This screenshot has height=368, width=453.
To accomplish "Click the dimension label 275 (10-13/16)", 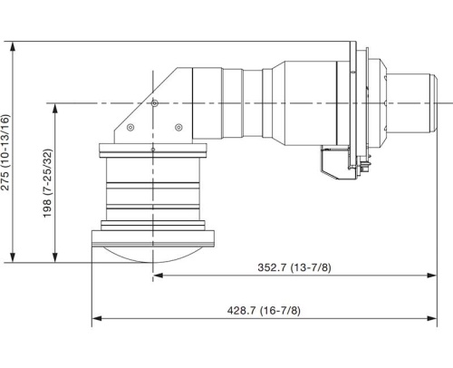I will (8, 150).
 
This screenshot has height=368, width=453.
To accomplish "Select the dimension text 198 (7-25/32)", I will (48, 184).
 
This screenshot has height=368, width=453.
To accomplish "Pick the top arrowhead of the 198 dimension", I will (55, 108).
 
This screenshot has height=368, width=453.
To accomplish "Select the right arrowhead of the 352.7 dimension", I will (433, 275).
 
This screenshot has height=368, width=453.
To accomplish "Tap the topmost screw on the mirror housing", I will (156, 104).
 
